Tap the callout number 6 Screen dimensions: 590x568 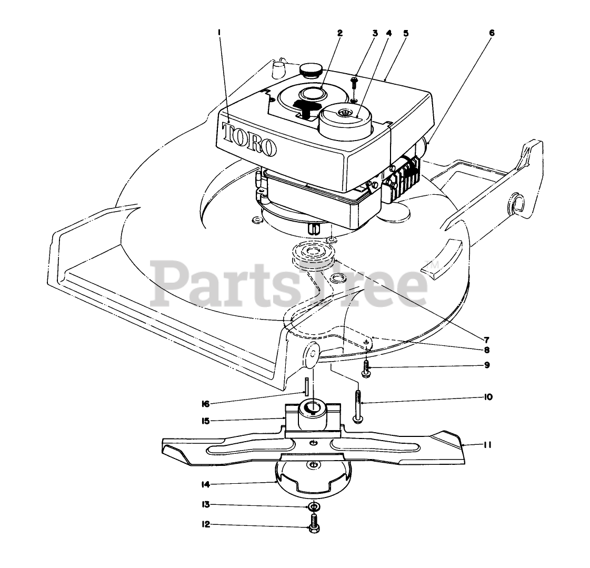[x=492, y=33]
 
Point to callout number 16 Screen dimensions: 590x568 [x=205, y=404]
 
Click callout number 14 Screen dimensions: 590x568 [x=206, y=484]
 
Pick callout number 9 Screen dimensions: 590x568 [x=487, y=364]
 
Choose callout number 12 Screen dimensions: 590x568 [x=206, y=524]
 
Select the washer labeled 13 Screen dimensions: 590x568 [x=314, y=506]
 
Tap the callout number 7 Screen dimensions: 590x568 [x=487, y=339]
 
